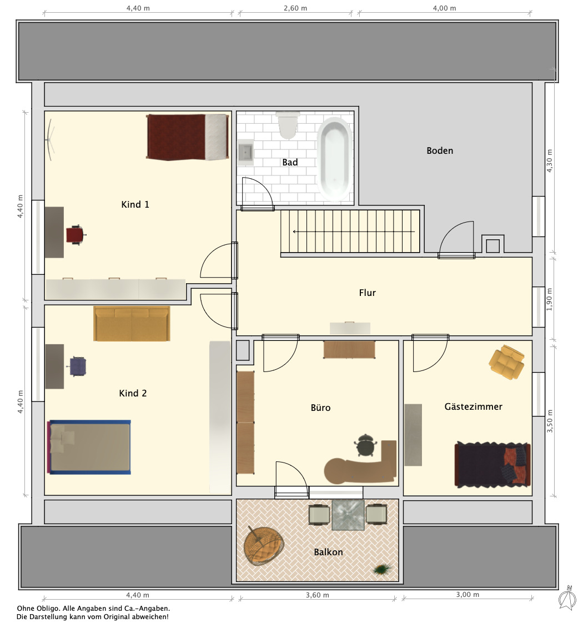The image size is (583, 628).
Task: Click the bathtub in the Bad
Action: (335, 159)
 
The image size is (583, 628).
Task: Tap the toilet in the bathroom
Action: (288, 125)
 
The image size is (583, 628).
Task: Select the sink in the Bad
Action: (245, 153)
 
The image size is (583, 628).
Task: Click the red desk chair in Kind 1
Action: (76, 235)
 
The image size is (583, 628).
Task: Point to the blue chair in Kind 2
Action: (78, 366)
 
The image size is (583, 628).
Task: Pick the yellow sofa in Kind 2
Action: (132, 324)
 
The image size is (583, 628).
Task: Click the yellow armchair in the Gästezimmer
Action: (506, 362)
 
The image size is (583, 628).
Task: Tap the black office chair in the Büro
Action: (365, 445)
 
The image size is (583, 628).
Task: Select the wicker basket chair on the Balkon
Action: (264, 545)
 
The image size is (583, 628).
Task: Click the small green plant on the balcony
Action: (383, 569)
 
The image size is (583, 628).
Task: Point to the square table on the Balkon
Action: (348, 515)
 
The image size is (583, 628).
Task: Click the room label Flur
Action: (367, 293)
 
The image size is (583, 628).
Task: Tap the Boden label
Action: (440, 150)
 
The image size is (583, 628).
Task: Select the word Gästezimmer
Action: (473, 406)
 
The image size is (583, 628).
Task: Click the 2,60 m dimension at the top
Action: (295, 8)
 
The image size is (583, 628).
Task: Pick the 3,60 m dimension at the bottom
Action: (318, 595)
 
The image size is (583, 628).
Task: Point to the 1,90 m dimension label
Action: (549, 299)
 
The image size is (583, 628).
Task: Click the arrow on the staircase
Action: (354, 232)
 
